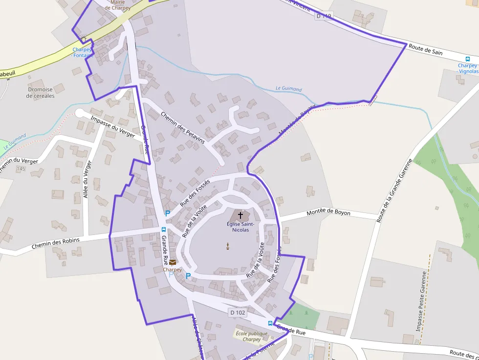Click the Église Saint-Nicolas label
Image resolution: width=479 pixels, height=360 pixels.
click(238, 227)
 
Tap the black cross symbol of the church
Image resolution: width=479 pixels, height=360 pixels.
click(240, 215)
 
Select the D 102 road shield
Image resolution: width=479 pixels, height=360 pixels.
click(237, 312)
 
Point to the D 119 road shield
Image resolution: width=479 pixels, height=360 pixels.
click(324, 16)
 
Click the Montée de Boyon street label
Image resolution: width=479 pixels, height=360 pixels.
click(328, 213)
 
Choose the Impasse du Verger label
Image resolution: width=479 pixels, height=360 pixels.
click(112, 127)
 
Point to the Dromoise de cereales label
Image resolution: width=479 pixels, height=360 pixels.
click(41, 92)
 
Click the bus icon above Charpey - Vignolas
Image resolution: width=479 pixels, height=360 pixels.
click(468, 59)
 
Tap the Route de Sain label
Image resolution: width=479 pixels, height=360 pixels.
click(425, 49)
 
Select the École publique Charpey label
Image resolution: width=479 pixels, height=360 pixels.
click(252, 337)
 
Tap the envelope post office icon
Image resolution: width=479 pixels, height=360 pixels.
click(173, 263)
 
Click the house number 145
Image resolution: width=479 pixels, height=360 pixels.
click(21, 169)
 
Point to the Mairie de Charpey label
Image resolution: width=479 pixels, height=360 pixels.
click(118, 5)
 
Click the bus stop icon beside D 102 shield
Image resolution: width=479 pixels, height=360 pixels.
click(270, 323)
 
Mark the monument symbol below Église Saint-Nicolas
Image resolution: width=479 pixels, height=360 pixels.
click(228, 246)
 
